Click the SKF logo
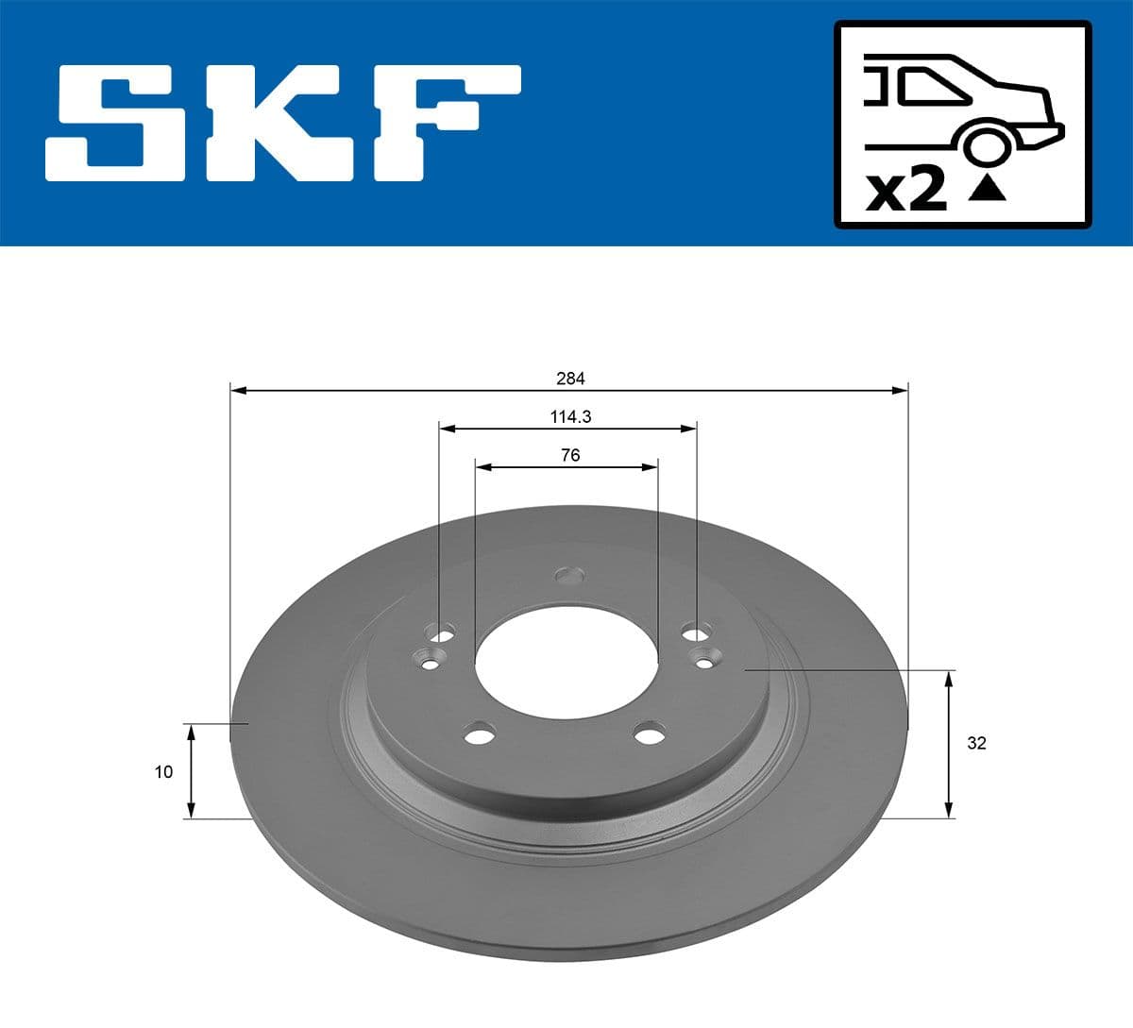point(283,123)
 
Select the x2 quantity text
point(906,192)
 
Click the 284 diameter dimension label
point(570,379)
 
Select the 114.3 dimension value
point(570,416)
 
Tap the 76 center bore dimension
point(570,455)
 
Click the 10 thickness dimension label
point(164,772)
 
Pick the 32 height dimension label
point(976,743)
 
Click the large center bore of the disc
point(566,661)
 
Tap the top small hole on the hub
point(570,574)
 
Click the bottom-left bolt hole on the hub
point(481,734)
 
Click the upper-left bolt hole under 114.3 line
point(440,631)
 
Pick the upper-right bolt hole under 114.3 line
point(696,631)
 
